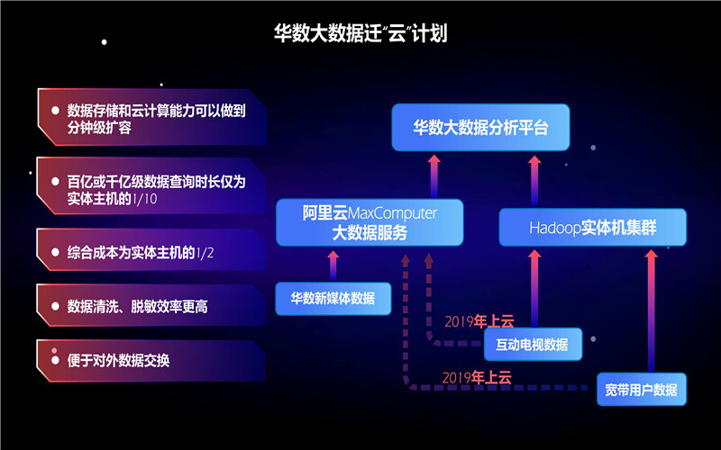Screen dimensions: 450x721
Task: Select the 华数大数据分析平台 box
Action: (480, 127)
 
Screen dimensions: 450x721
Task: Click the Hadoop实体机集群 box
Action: (592, 228)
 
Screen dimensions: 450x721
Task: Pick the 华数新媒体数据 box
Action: (333, 298)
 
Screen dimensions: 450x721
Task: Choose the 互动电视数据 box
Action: (533, 343)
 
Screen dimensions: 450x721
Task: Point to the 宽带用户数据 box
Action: (641, 390)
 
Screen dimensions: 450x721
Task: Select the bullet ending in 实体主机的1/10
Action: (153, 189)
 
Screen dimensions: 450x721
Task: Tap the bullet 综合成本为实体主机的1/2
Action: (153, 252)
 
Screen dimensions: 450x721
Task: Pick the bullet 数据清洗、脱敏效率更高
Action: (153, 307)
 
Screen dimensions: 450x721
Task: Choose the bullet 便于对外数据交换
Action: (153, 360)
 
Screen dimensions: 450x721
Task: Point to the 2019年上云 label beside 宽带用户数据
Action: (475, 376)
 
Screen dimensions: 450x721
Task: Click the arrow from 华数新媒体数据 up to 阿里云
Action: (333, 265)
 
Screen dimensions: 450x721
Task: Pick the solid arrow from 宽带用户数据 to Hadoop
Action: (648, 306)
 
